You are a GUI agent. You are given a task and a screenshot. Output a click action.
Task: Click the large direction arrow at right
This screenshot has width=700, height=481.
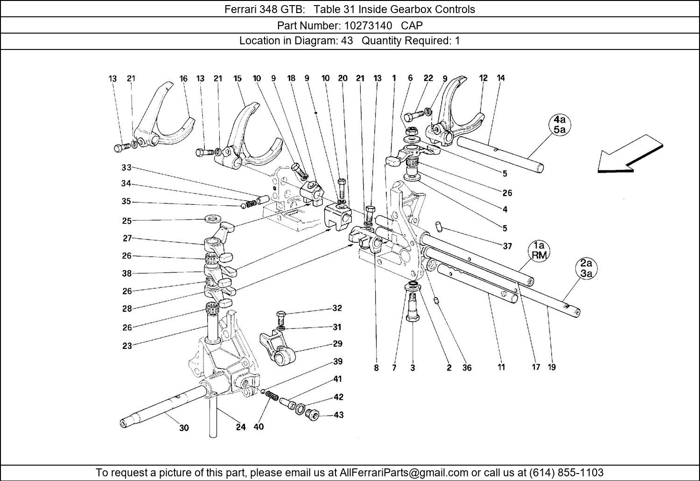click(x=630, y=154)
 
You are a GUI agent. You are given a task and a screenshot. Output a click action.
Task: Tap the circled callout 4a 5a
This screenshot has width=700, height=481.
click(x=560, y=125)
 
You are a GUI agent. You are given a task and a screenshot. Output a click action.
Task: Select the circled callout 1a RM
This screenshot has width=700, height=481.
click(x=539, y=250)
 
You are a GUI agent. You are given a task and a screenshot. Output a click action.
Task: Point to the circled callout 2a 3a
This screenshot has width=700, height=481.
click(x=586, y=269)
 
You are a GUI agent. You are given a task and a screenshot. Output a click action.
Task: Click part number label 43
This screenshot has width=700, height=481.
click(x=339, y=415)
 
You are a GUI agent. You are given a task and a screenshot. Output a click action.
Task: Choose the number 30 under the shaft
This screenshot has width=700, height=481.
click(x=184, y=428)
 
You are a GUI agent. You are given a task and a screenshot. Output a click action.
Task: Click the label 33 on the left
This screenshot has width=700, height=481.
click(x=126, y=167)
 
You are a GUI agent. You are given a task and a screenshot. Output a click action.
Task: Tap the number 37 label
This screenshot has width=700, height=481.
click(x=507, y=246)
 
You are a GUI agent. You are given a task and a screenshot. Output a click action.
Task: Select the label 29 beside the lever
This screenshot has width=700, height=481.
click(x=337, y=344)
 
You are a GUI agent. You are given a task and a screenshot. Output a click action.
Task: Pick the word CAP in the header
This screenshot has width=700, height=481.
click(x=412, y=25)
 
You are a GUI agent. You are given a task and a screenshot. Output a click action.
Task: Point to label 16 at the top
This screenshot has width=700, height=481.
click(x=183, y=79)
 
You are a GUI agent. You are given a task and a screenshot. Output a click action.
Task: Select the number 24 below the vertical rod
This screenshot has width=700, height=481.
click(x=240, y=427)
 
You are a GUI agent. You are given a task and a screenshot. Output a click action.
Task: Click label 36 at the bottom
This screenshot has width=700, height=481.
click(x=467, y=368)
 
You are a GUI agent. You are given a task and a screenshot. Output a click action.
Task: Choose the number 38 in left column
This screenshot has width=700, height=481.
click(x=127, y=273)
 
